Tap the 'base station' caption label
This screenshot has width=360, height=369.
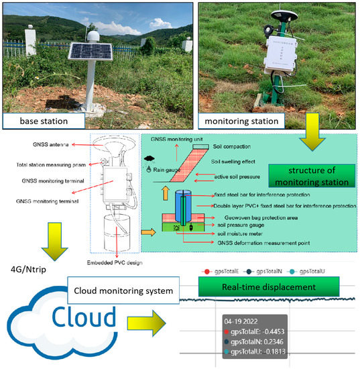click(43, 121)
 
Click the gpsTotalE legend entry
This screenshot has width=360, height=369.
click(222, 272)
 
